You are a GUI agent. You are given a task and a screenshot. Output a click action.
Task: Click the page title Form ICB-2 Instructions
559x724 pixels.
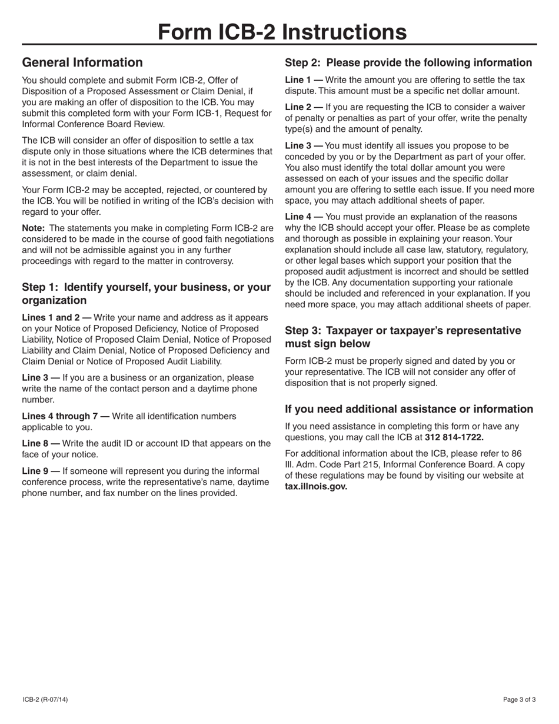pyautogui.click(x=282, y=32)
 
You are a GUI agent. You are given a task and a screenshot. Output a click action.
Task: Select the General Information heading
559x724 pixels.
pyautogui.click(x=82, y=62)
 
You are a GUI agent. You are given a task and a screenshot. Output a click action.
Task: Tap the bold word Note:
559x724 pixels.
pyautogui.click(x=34, y=228)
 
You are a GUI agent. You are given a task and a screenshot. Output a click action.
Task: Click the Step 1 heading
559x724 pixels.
pyautogui.click(x=146, y=294)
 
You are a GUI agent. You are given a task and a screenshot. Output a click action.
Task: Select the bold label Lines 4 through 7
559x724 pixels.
pyautogui.click(x=65, y=416)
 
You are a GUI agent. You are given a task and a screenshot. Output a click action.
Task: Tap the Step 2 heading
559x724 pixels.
pyautogui.click(x=408, y=62)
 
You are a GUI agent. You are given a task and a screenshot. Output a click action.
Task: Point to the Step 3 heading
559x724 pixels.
pyautogui.click(x=402, y=337)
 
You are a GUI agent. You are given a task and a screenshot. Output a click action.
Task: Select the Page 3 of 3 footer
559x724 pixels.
pyautogui.click(x=519, y=700)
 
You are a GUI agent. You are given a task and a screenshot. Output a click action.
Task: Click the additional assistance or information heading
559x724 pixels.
pyautogui.click(x=409, y=409)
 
